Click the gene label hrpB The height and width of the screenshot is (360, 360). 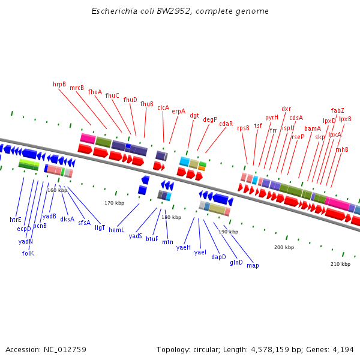point(59,85)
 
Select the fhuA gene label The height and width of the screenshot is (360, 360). point(95,92)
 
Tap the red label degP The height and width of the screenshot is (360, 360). point(210,119)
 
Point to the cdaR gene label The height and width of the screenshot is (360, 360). point(226,124)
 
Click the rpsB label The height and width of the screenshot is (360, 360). point(243,128)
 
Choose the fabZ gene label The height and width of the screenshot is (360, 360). point(338,110)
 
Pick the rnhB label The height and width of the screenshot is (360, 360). point(342,149)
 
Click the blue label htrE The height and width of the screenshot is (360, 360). point(16,220)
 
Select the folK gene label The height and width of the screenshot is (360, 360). point(28,253)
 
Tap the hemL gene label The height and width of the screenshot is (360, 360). point(116,230)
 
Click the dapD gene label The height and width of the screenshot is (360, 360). point(218,257)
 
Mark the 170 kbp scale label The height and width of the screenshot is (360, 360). point(114,203)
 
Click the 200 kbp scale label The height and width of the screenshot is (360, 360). point(284,247)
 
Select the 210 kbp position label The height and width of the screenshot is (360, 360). point(340,264)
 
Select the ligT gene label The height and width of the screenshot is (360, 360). point(100,227)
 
